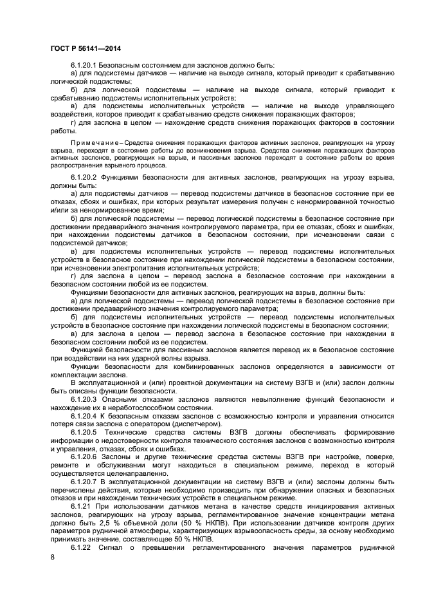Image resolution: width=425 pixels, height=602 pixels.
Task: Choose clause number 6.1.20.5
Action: pos(87,431)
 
